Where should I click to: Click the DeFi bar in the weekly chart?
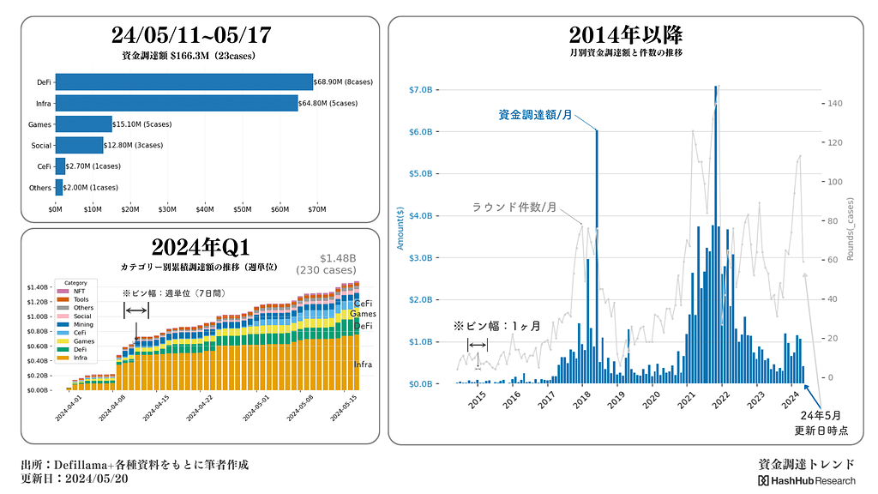[x=184, y=82]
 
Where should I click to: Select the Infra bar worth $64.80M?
[x=177, y=104]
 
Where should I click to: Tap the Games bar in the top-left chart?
[x=84, y=124]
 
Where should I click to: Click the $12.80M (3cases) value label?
[x=134, y=145]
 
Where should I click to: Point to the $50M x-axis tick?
[x=243, y=208]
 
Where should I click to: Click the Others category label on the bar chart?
[x=39, y=187]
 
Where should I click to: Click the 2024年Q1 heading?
[x=200, y=247]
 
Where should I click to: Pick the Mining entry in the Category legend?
[x=83, y=325]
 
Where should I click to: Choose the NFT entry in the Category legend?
[x=80, y=292]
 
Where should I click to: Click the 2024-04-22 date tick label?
[x=203, y=408]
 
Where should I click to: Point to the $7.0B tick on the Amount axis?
[x=425, y=90]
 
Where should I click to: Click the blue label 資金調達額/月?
[x=535, y=115]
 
